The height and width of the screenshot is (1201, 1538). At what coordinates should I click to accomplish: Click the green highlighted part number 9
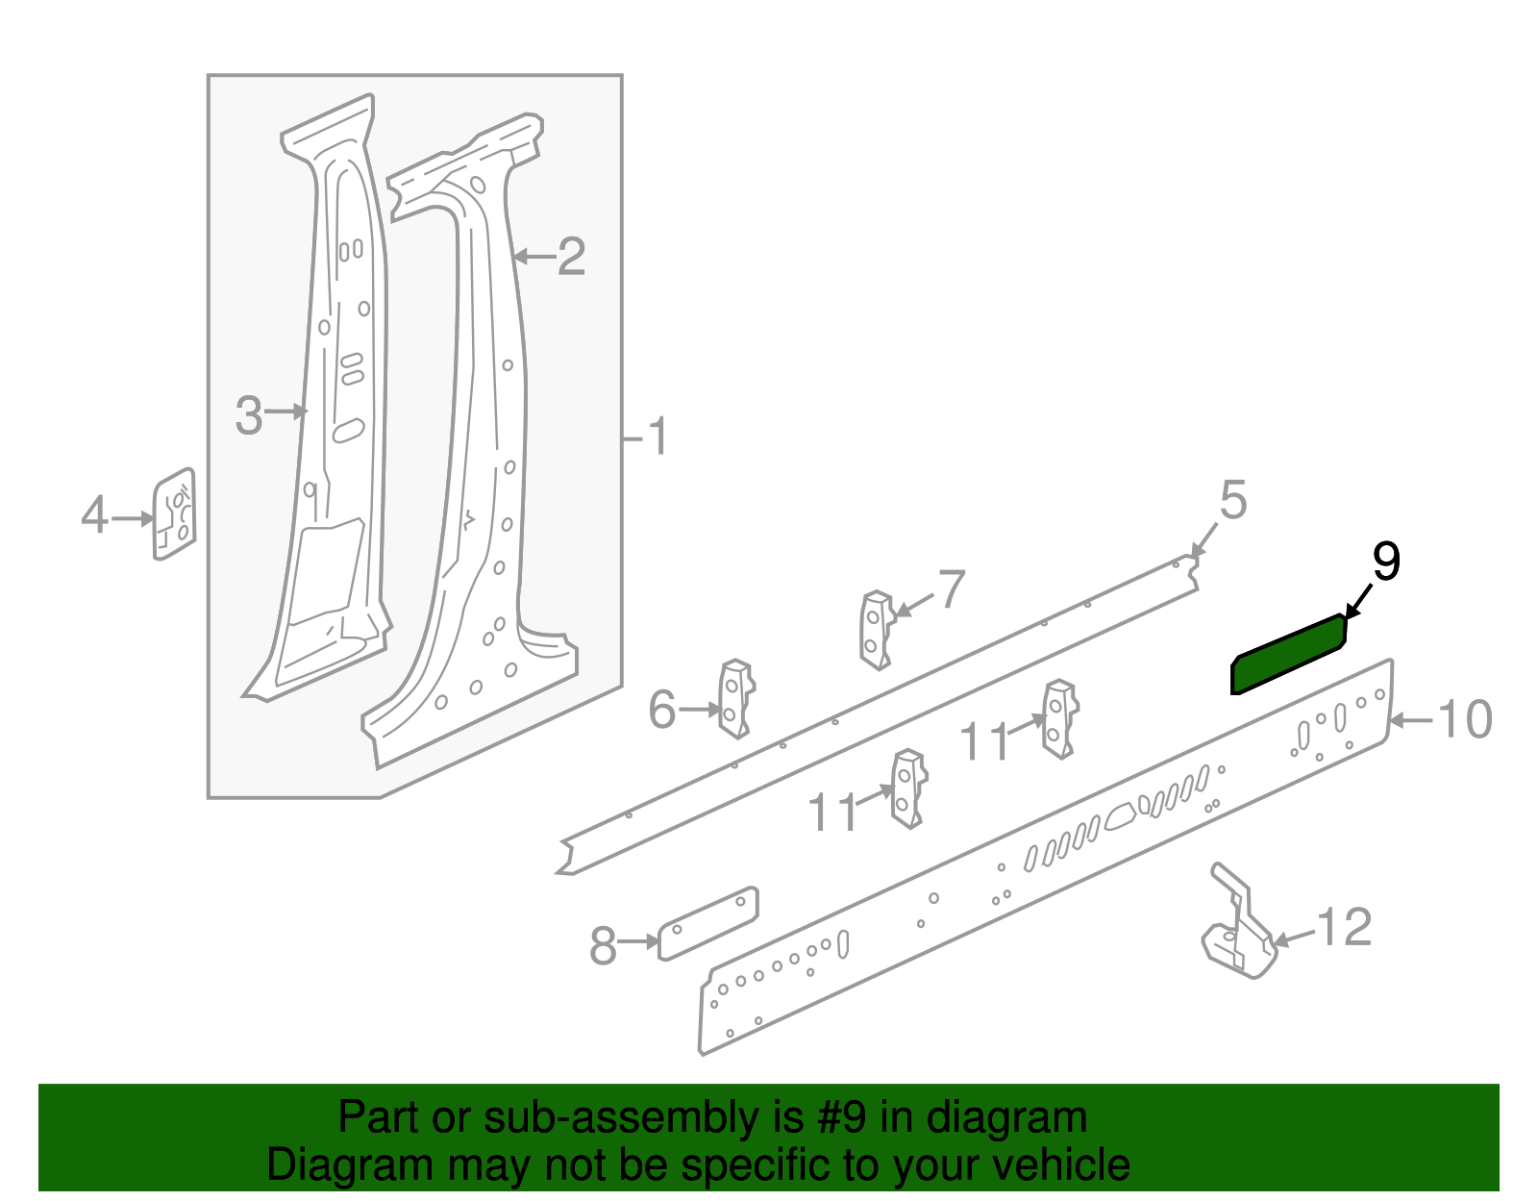[1288, 655]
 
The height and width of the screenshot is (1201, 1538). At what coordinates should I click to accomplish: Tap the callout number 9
[1386, 562]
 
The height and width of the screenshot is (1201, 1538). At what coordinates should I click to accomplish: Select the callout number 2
[572, 256]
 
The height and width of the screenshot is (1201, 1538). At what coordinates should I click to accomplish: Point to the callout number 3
[249, 415]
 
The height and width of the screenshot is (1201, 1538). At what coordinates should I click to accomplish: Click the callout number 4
[95, 514]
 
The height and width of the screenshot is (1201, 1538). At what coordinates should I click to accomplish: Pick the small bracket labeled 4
[174, 513]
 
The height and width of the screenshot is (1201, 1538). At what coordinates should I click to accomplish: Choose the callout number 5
[1233, 500]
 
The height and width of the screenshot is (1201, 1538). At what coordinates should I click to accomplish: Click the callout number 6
[662, 710]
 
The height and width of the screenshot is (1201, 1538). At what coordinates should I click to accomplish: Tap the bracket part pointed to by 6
[736, 698]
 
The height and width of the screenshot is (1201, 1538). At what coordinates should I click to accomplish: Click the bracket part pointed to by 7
[878, 630]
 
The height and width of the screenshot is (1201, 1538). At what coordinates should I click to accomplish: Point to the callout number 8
[603, 946]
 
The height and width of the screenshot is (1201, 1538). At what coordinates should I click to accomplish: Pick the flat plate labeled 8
[707, 923]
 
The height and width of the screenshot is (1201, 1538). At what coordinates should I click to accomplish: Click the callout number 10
[1465, 719]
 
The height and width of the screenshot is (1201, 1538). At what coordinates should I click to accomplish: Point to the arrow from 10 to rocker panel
[1411, 721]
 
